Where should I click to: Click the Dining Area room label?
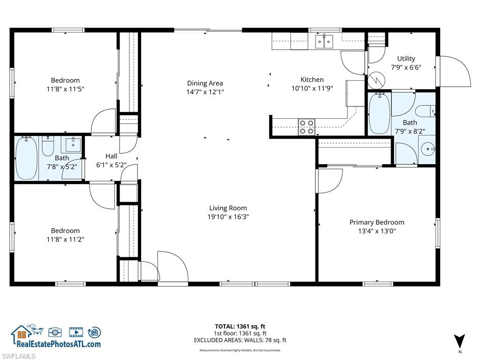click(x=205, y=83)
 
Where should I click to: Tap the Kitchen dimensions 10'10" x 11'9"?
click(x=312, y=88)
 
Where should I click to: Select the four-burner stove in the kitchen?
click(x=307, y=127)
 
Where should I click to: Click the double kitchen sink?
click(x=323, y=42)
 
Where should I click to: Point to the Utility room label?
click(x=406, y=59)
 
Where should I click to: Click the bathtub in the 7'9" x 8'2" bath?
click(x=379, y=114)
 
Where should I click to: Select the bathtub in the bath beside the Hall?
click(x=26, y=158)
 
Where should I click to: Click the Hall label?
click(x=111, y=156)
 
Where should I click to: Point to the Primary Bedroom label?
click(x=376, y=222)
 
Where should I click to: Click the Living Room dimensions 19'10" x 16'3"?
click(x=228, y=217)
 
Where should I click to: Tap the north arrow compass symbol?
click(x=459, y=341)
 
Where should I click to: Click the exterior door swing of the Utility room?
click(x=454, y=72)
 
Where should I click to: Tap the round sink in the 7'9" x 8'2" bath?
click(x=427, y=150)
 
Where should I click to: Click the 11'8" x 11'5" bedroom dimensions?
click(x=65, y=89)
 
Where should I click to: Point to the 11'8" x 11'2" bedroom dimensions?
click(x=65, y=239)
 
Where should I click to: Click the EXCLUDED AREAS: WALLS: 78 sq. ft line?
click(x=240, y=340)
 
